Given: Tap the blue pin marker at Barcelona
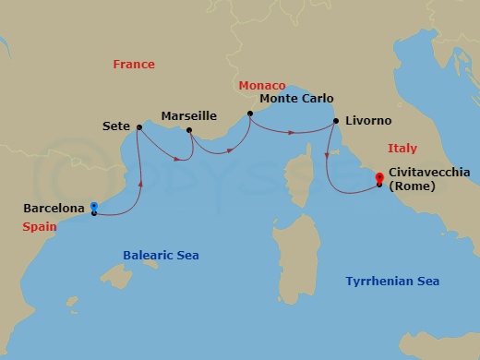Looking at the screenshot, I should pyautogui.click(x=94, y=207).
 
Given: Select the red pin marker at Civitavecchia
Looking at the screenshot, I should pyautogui.click(x=378, y=178).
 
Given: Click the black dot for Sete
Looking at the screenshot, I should pyautogui.click(x=138, y=127).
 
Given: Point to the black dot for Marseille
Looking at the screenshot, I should pyautogui.click(x=188, y=130).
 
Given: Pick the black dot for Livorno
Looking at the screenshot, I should pyautogui.click(x=335, y=121).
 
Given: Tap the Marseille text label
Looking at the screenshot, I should pyautogui.click(x=188, y=116).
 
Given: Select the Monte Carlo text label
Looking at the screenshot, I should pyautogui.click(x=296, y=99).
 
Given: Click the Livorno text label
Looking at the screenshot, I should pyautogui.click(x=368, y=121).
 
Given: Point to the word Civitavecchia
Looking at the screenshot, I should pyautogui.click(x=430, y=172).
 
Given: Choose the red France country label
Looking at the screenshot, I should pyautogui.click(x=134, y=65).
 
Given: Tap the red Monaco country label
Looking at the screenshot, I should pyautogui.click(x=262, y=85).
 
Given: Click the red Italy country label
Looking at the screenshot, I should pyautogui.click(x=402, y=148).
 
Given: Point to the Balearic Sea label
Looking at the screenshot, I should pyautogui.click(x=162, y=255).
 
